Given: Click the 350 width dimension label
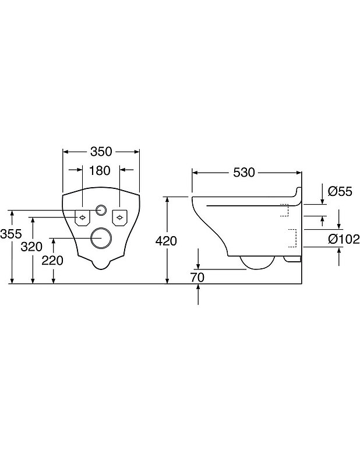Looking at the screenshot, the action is tap(101, 152).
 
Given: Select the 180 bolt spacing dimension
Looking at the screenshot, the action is tap(100, 171).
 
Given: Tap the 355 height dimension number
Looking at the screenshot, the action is tap(11, 234).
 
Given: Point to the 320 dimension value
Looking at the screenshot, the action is tap(31, 247).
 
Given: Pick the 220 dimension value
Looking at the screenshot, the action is tap(52, 261).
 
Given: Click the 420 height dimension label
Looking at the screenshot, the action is tap(166, 241).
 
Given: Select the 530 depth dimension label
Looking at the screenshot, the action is tap(244, 173).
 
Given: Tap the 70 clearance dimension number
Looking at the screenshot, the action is tap(197, 278).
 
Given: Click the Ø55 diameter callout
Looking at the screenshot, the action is tap(340, 191).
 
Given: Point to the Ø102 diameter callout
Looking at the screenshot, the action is tap(344, 239).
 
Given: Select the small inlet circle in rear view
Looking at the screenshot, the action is tap(101, 210).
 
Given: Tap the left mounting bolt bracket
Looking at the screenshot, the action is tap(82, 218).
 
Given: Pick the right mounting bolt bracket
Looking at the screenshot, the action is tap(119, 218).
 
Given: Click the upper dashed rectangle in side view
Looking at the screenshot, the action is tap(284, 210).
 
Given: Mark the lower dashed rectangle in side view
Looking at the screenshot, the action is tap(292, 238).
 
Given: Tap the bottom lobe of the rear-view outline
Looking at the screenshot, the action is tap(101, 266).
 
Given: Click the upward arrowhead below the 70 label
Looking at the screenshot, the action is tap(198, 287).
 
